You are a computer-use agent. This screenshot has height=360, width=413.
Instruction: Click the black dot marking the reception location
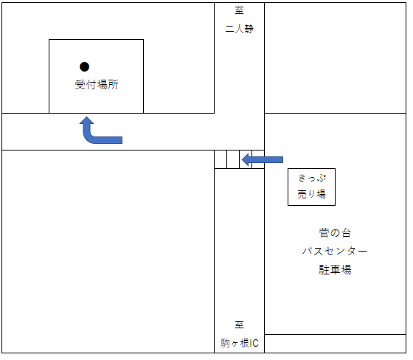click(85, 67)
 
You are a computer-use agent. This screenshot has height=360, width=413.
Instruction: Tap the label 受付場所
click(97, 85)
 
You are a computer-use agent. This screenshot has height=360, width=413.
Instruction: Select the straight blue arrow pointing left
click(263, 159)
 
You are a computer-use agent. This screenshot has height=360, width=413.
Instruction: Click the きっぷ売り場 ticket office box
click(311, 187)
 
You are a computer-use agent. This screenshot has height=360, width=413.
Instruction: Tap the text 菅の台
click(335, 233)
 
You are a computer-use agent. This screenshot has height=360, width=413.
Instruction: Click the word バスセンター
click(335, 251)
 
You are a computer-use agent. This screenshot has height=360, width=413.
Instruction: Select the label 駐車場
click(335, 269)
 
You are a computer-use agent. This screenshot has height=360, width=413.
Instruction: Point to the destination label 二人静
click(240, 29)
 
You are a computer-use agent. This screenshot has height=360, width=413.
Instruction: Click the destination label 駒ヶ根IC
click(240, 343)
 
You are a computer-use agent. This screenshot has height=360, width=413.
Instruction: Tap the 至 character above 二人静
click(240, 10)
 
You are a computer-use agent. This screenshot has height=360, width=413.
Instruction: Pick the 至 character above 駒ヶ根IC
click(240, 325)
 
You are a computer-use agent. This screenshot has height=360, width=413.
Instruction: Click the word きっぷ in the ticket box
click(312, 179)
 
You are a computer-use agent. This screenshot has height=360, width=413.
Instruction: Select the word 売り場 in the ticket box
click(311, 194)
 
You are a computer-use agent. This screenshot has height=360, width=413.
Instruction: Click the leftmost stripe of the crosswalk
click(221, 159)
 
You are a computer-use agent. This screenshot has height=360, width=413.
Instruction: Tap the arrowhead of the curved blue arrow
click(87, 120)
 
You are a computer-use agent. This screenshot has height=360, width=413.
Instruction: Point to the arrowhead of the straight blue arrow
click(246, 159)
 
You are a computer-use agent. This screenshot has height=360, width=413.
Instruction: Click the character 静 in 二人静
click(249, 29)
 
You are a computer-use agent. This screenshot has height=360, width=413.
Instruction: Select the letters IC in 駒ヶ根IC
click(254, 343)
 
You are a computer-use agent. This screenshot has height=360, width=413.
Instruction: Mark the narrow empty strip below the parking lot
click(335, 344)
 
